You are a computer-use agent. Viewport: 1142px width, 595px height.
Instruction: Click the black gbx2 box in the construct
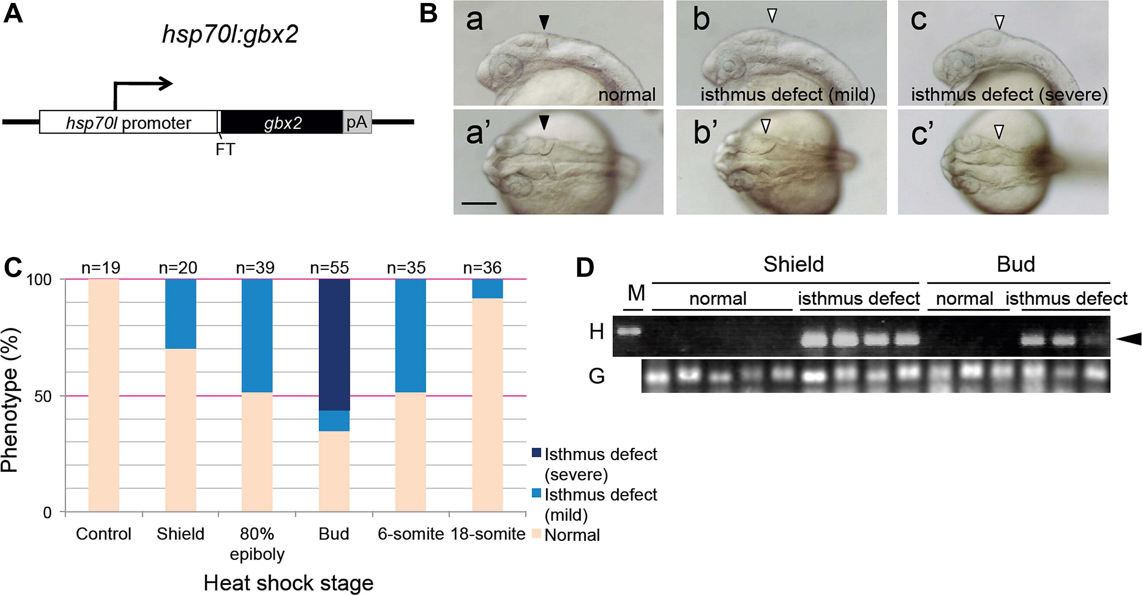(x=282, y=122)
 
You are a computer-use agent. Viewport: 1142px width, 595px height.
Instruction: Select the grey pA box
(x=357, y=122)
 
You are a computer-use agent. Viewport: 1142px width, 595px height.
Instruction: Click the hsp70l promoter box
(x=129, y=122)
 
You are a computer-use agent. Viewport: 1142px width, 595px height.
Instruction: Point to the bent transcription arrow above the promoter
(x=143, y=93)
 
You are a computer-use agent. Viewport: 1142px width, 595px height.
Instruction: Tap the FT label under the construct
(x=225, y=150)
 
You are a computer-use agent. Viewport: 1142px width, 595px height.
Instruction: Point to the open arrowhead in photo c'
(x=998, y=131)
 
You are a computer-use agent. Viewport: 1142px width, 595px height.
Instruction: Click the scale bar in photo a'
(x=479, y=203)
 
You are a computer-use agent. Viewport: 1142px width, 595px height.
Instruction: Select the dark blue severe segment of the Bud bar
(x=334, y=345)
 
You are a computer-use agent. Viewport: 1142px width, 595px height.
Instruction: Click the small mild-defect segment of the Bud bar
(x=334, y=421)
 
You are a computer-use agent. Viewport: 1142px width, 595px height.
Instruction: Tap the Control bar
(x=104, y=396)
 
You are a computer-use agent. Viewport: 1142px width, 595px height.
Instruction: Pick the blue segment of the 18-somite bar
(x=488, y=289)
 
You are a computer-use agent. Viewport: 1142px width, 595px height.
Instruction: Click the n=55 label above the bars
(x=329, y=267)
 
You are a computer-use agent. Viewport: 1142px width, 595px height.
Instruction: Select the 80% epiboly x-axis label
(x=257, y=544)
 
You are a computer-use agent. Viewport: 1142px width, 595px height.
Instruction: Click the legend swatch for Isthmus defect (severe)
(x=536, y=453)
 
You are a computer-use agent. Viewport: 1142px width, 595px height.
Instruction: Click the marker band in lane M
(x=629, y=331)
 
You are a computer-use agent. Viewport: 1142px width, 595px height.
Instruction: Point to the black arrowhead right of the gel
(x=1128, y=339)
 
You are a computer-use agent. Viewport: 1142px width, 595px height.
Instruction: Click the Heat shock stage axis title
(x=288, y=583)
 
